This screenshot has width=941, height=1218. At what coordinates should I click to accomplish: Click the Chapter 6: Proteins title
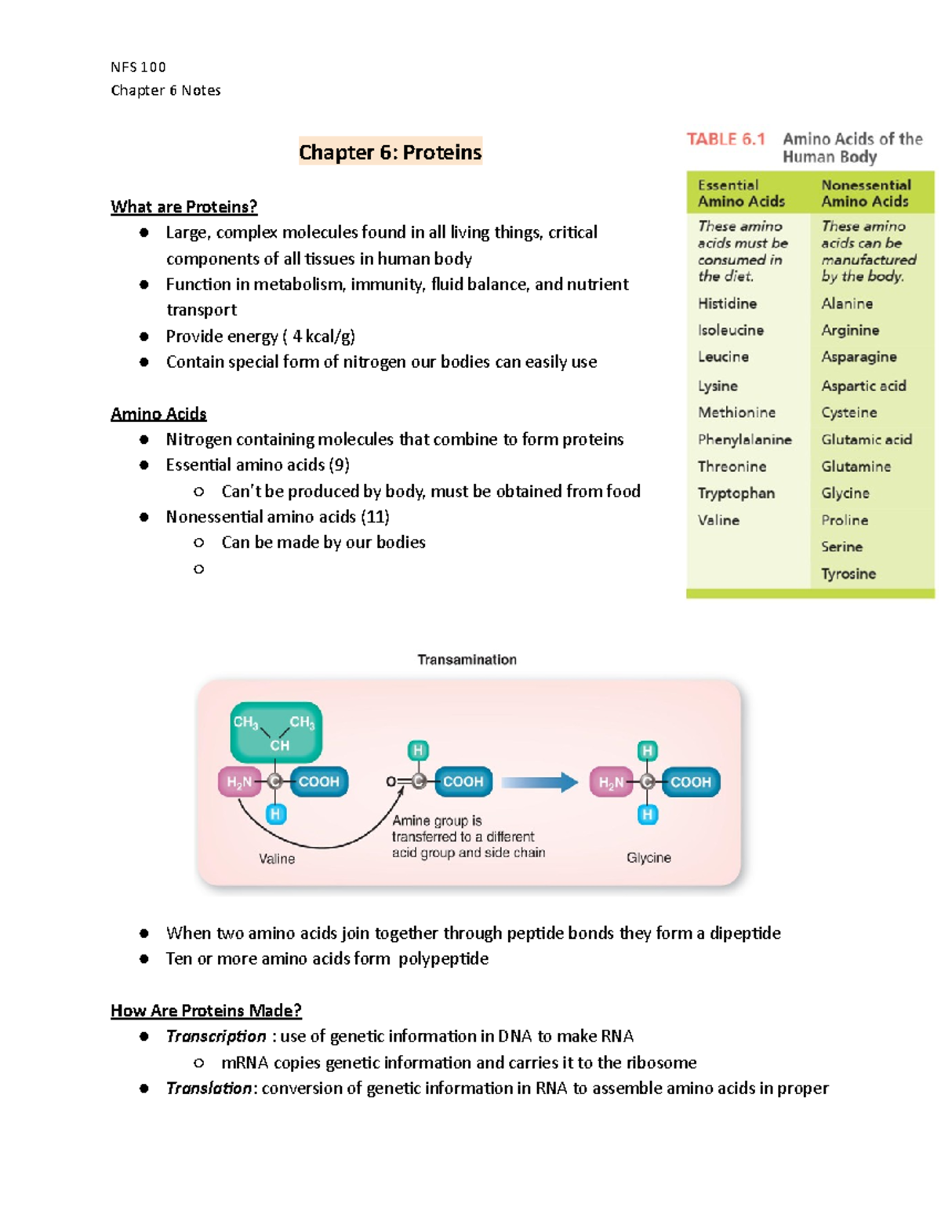390,151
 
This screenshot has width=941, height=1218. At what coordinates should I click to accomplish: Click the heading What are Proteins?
183,207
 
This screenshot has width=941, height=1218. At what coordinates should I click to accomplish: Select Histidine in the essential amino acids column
727,304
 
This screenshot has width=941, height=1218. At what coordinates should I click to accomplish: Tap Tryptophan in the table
736,493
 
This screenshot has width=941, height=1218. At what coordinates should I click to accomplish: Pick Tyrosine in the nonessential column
848,574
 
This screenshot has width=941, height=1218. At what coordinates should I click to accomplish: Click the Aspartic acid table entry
863,386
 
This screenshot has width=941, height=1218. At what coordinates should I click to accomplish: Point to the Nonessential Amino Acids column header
866,193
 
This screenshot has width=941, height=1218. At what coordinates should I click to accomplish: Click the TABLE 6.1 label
725,140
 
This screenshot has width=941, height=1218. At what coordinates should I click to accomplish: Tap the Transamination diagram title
467,660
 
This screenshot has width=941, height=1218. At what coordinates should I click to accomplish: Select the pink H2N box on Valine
239,782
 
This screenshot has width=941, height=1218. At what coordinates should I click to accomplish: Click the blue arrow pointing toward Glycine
539,782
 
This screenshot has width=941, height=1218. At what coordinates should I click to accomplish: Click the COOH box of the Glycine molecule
690,782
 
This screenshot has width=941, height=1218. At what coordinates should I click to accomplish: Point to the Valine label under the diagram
277,859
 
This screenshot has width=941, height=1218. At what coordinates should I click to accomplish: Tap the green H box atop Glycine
647,751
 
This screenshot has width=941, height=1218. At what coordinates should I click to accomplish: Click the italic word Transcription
216,1037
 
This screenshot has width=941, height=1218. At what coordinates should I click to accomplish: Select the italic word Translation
209,1089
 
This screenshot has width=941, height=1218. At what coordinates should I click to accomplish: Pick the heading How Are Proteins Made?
206,1011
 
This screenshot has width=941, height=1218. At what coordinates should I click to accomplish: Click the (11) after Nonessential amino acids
375,517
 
